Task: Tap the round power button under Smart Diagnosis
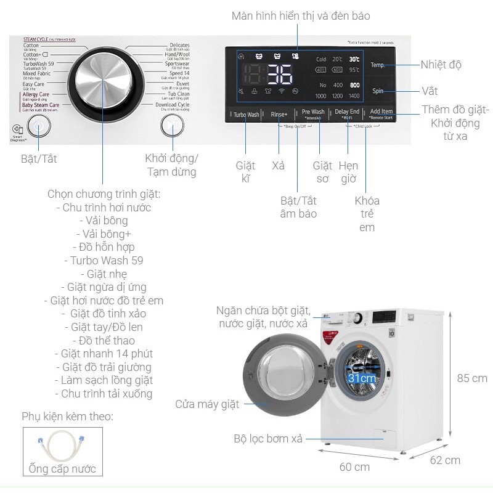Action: click(38, 126)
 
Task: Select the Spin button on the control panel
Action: click(378, 91)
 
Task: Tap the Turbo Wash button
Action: click(246, 114)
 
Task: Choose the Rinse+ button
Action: click(279, 114)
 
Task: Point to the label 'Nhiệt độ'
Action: click(441, 65)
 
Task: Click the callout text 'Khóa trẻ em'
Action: click(367, 214)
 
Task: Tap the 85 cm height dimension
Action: click(473, 378)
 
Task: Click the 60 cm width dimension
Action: click(354, 467)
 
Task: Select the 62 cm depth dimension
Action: click(445, 460)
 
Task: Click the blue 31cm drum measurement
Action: click(362, 377)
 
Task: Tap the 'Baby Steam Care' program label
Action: click(41, 105)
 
